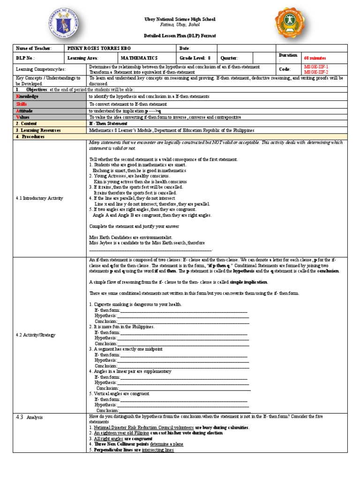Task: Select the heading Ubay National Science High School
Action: (180, 19)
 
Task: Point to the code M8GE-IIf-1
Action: (316, 67)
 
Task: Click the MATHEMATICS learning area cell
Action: (139, 58)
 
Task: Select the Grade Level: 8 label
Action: (195, 58)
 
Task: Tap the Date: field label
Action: (184, 48)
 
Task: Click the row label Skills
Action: (22, 104)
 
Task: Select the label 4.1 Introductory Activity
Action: (39, 198)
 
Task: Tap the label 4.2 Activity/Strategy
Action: (36, 335)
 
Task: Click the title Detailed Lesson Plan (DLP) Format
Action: (180, 36)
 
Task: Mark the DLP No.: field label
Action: (26, 58)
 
